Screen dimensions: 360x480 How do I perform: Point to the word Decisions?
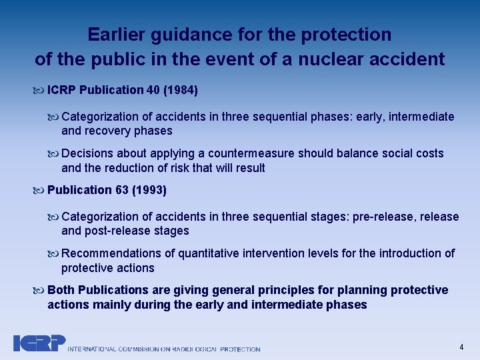click(86, 153)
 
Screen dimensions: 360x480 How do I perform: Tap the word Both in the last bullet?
click(61, 290)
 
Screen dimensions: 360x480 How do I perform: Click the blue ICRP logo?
click(39, 343)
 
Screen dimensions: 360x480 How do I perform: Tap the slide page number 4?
click(461, 347)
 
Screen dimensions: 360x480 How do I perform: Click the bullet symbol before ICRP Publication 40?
click(39, 90)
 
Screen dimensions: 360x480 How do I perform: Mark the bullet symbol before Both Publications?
click(39, 291)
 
